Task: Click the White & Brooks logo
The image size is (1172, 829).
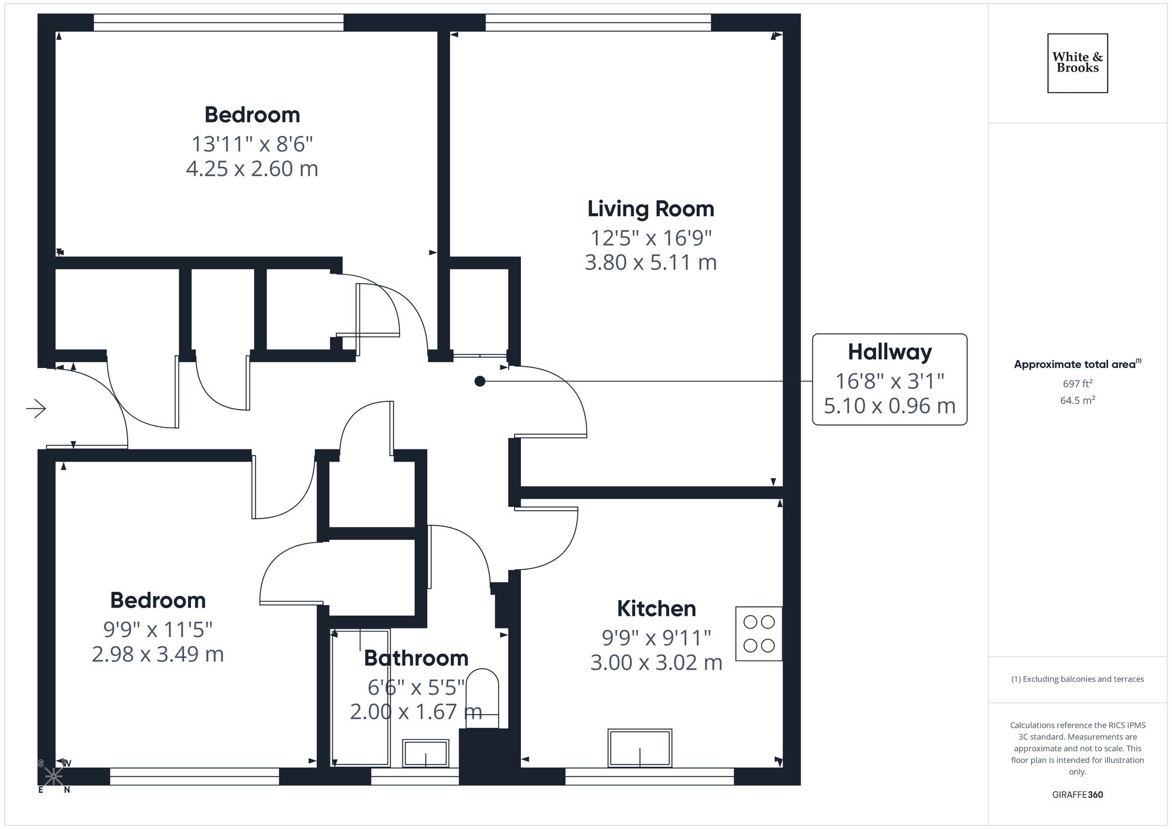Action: click(1077, 63)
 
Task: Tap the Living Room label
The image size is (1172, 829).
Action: click(650, 209)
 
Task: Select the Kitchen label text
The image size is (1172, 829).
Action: click(656, 609)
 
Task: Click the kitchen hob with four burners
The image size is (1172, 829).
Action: click(758, 633)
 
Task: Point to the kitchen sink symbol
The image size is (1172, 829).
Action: click(639, 748)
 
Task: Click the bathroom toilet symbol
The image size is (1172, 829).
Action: click(482, 697)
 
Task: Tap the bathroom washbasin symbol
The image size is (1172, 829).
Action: click(425, 753)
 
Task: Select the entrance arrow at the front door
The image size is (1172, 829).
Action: click(36, 408)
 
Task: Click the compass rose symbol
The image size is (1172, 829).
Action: click(53, 777)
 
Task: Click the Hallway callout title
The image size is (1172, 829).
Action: click(890, 352)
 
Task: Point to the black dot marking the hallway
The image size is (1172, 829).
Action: click(479, 381)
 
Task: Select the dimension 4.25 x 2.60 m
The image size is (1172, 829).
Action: click(252, 169)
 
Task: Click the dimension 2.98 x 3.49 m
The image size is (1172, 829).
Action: click(158, 654)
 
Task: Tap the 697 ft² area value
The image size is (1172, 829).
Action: click(1077, 384)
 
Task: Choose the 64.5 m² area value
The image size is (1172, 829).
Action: click(1077, 400)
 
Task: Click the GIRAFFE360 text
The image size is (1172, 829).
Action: click(1077, 794)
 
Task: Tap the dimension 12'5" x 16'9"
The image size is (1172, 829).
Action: click(650, 238)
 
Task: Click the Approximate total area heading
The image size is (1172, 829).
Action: click(1075, 364)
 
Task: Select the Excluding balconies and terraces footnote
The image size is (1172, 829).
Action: click(1077, 679)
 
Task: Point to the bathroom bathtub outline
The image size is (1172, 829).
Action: click(360, 697)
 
